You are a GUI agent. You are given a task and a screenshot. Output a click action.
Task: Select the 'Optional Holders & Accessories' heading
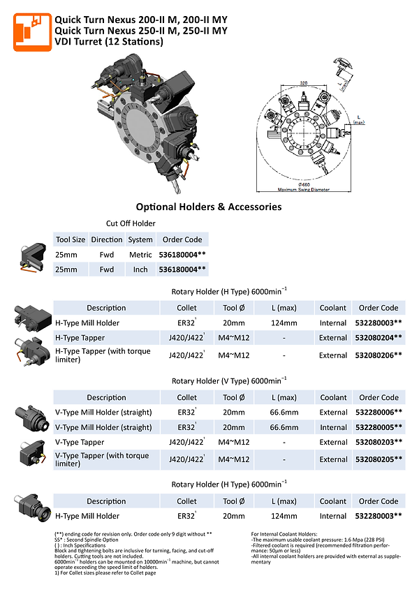pos(208,207)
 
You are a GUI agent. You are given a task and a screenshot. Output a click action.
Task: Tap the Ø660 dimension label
pos(302,185)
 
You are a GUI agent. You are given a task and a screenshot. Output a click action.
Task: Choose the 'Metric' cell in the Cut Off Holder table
pos(140,255)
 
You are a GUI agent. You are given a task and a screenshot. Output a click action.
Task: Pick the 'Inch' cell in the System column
pos(140,269)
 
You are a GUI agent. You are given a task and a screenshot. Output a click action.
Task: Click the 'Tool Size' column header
pos(70,239)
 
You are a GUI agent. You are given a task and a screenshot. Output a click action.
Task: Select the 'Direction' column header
pos(106,239)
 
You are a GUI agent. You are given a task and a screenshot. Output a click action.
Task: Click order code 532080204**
pos(378,337)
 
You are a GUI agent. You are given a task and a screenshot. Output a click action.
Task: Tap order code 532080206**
pos(378,355)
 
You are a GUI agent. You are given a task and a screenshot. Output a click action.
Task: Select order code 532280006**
pos(378,412)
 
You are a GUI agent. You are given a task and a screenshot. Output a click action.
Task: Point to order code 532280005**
pos(378,427)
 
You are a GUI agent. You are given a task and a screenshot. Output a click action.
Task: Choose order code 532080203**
pos(378,442)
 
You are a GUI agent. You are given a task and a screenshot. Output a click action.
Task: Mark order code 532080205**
pos(378,459)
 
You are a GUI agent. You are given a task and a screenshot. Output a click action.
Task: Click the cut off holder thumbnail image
pos(32,256)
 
